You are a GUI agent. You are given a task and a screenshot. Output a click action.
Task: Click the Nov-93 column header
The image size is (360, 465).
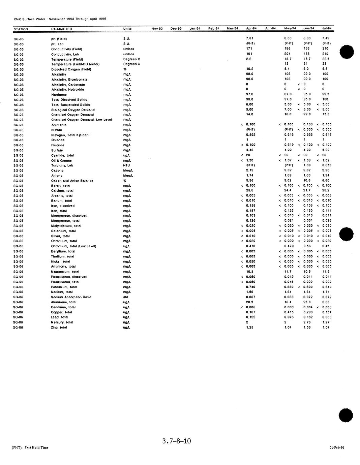point(157,29)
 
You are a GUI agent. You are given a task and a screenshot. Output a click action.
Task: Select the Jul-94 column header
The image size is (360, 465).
point(327,28)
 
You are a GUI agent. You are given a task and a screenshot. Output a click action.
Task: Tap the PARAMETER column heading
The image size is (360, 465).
point(62,29)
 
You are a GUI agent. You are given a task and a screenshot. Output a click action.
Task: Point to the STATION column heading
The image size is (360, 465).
point(21,29)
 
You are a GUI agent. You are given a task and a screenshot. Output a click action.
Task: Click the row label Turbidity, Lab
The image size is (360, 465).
point(62,165)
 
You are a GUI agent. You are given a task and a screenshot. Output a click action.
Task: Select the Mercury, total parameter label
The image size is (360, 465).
point(62,322)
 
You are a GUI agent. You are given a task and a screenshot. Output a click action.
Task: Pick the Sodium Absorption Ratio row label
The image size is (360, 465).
point(71,297)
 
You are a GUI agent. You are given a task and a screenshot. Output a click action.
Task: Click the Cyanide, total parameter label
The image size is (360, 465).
point(62,155)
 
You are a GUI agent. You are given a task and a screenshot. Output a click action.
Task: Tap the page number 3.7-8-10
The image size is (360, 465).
point(176,441)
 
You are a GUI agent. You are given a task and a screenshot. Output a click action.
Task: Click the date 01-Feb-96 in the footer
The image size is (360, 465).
point(337,448)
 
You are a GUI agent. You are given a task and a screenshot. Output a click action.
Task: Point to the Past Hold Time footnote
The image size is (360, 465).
point(30,447)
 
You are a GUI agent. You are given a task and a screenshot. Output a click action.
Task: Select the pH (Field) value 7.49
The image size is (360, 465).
point(326,38)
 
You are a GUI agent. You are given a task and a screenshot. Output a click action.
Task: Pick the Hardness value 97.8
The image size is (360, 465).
point(250,94)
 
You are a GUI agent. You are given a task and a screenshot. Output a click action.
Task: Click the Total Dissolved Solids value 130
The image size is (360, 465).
point(325,99)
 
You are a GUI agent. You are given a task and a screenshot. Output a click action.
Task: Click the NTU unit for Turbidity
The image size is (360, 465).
point(126,165)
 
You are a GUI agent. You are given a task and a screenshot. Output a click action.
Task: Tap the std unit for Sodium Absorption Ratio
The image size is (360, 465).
point(126,297)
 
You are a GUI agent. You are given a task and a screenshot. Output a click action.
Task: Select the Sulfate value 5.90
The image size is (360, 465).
point(326,150)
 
